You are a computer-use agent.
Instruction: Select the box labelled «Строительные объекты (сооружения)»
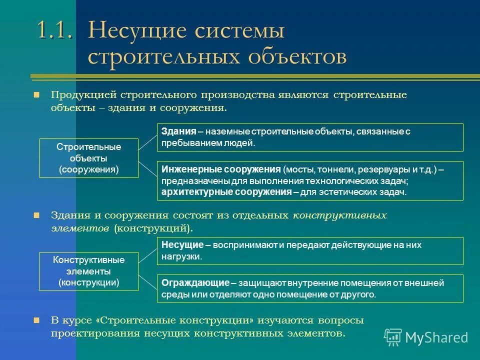(88, 158)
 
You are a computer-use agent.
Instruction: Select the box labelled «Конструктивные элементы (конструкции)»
(88, 271)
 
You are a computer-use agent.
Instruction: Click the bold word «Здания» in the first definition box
(178, 131)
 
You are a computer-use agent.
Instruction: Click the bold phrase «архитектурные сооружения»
(226, 191)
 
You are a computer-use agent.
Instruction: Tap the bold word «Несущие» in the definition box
(182, 245)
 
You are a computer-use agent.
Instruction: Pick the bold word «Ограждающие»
(195, 283)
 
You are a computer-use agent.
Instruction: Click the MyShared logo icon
(393, 337)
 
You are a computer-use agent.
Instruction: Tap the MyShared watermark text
(436, 338)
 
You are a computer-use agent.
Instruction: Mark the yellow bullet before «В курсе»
(36, 320)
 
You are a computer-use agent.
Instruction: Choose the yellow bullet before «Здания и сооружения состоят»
(36, 215)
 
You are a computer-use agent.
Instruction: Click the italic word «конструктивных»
(339, 215)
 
